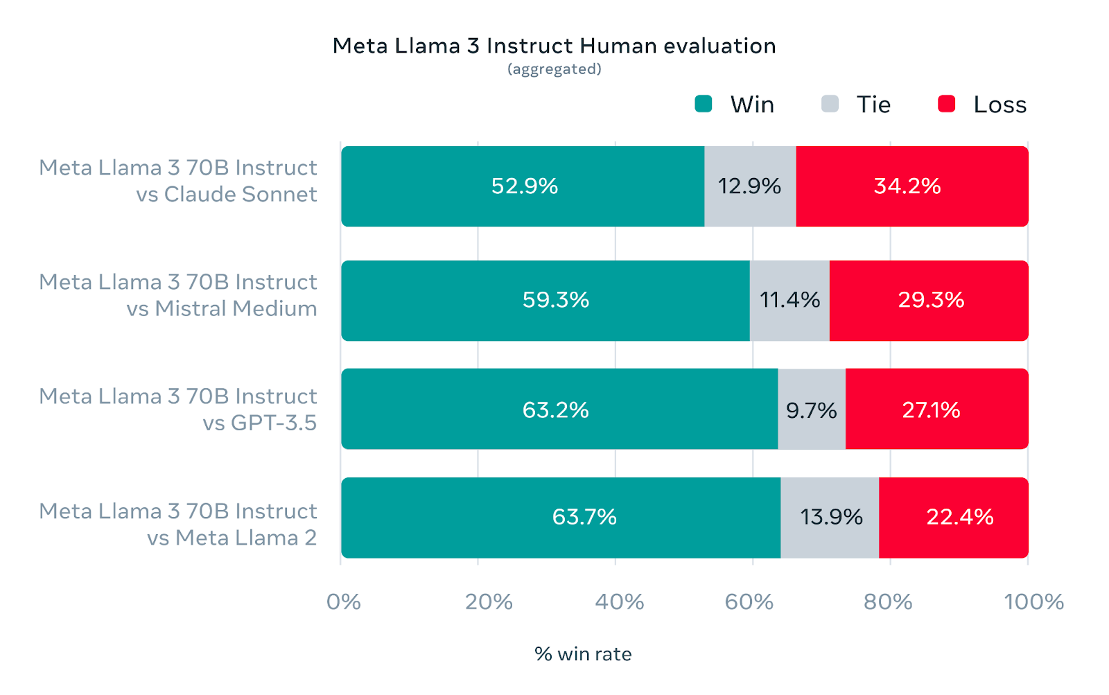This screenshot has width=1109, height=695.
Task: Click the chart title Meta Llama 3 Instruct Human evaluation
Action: [554, 46]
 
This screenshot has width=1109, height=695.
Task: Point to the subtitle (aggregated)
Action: [554, 69]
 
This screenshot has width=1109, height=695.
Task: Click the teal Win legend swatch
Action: [704, 104]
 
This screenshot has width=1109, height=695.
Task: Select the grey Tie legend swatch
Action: [830, 104]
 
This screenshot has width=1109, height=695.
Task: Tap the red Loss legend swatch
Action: [946, 104]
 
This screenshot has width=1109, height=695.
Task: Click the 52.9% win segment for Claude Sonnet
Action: [523, 186]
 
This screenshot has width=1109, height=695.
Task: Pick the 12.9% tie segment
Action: [750, 186]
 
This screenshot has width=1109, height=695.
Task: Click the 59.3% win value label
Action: [556, 300]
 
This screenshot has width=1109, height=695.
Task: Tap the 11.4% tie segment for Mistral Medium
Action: [789, 301]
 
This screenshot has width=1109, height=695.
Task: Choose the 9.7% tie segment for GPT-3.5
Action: [812, 410]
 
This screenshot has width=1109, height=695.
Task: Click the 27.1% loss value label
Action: [931, 410]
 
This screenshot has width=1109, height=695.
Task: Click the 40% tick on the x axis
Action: [619, 601]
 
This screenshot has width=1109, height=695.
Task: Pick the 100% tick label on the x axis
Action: [1033, 601]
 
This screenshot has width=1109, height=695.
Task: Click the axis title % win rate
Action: [583, 654]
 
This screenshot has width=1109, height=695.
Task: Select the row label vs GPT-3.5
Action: [259, 423]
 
